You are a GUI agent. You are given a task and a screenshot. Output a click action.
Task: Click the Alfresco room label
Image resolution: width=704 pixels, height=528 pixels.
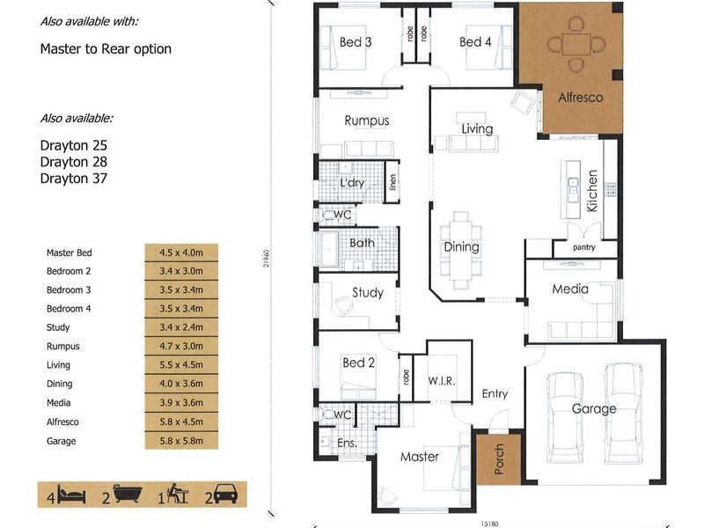pos(581,97)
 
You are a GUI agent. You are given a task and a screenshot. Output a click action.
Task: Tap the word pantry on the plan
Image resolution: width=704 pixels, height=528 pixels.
pos(583,247)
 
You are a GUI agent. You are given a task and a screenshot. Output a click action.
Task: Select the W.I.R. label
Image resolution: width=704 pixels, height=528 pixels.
pos(442,381)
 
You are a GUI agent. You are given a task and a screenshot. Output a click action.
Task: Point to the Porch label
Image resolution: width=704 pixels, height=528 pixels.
pos(499,459)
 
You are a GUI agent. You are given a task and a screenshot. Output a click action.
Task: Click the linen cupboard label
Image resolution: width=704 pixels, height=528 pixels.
pos(392,182)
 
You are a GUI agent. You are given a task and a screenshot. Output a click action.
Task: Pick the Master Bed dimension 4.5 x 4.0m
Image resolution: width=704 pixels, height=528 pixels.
pos(181,253)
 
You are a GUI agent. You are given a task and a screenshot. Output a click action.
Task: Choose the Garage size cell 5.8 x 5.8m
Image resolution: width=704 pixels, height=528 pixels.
pos(181,441)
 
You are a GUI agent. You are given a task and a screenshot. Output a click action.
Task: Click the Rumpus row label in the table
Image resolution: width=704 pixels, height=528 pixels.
pos(62,346)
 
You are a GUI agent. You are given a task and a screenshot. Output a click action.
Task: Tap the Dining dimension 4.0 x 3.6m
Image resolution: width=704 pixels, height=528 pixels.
pos(181,384)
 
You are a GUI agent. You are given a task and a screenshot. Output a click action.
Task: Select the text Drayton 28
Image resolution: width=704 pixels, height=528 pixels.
pos(74,162)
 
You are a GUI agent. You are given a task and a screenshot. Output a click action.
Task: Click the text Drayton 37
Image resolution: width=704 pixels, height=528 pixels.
pos(74,179)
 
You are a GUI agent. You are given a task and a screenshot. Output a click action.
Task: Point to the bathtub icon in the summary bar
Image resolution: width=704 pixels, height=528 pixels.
pos(128,494)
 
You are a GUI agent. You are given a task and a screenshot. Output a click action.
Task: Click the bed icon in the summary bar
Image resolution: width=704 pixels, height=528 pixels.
pos(71,495)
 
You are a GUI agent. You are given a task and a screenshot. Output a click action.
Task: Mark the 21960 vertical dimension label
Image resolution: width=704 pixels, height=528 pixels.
pos(267,259)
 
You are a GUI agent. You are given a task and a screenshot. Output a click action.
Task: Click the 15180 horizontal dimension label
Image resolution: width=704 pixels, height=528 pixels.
pos(489,524)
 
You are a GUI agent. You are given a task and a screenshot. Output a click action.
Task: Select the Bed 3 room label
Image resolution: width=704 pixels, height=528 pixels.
pos(356,42)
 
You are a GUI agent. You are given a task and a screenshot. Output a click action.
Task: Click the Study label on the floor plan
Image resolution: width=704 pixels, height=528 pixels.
pos(368,293)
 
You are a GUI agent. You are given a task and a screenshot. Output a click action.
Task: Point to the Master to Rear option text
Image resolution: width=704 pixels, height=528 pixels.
pos(106,49)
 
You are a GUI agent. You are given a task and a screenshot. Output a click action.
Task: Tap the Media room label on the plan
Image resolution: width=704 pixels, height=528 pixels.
pos(570,289)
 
